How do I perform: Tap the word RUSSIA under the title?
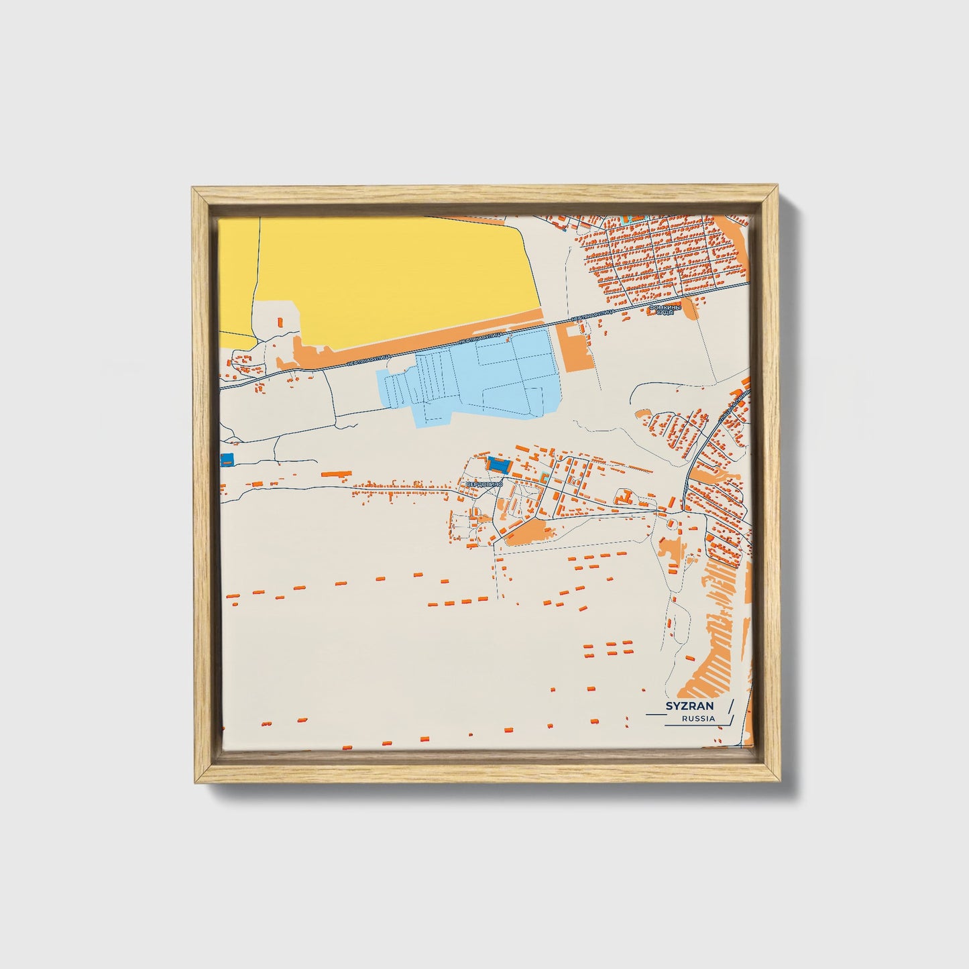698,719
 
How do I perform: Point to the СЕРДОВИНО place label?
481,484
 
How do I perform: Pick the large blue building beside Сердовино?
498,463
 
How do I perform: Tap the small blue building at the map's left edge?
227,459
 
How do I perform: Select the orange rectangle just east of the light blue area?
576,345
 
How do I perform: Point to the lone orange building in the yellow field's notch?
280,321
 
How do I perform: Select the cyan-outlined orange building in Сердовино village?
544,477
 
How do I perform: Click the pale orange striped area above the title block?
711,644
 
